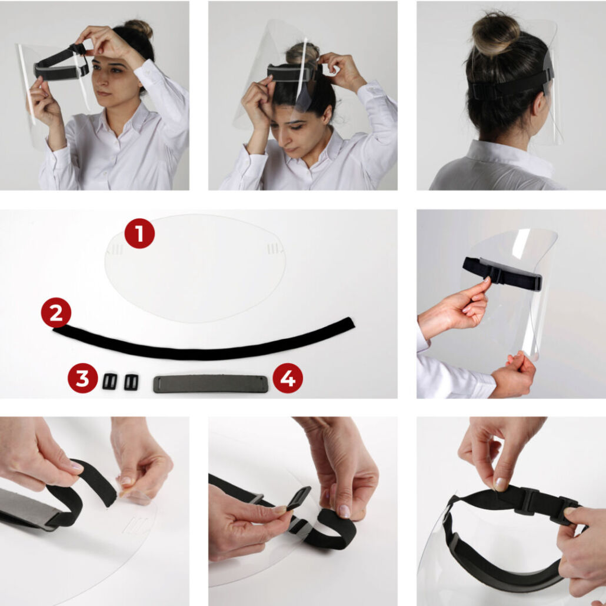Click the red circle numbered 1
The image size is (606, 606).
[x=139, y=234]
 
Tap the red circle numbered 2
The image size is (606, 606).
[x=56, y=312]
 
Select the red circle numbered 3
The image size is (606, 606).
[x=83, y=378]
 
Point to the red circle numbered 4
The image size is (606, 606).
[x=288, y=378]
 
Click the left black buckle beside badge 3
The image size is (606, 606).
[x=110, y=382]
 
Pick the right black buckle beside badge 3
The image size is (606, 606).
[x=131, y=382]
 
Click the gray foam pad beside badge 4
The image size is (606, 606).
[x=211, y=384]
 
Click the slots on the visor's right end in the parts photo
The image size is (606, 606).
[x=273, y=249]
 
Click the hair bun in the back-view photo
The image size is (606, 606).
[x=496, y=34]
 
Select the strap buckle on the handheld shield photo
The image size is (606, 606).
[x=495, y=274]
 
